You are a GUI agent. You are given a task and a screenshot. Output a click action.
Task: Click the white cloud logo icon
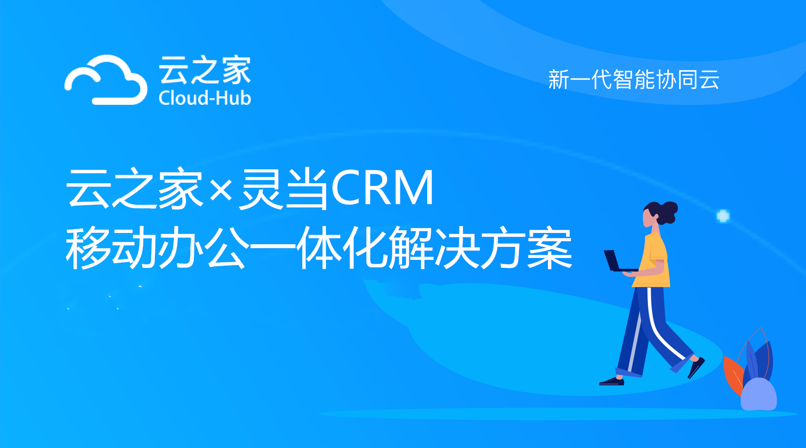[x=106, y=81]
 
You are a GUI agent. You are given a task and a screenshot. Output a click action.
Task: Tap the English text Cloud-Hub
[x=205, y=98]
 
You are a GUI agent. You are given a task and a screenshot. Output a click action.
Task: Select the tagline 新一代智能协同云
[x=634, y=80]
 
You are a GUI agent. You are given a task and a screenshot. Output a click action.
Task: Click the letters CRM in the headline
[x=382, y=188]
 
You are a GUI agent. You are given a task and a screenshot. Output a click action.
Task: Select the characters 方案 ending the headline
[x=527, y=248]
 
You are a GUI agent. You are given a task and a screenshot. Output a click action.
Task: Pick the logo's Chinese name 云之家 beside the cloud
[x=205, y=70]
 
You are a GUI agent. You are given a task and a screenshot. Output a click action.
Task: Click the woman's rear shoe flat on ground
[x=612, y=382]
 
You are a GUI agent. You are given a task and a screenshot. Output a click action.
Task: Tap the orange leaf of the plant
[x=733, y=375]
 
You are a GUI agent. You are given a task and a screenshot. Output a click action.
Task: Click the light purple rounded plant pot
[x=759, y=394]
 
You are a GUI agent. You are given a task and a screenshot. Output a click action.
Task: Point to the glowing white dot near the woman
[x=723, y=216]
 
